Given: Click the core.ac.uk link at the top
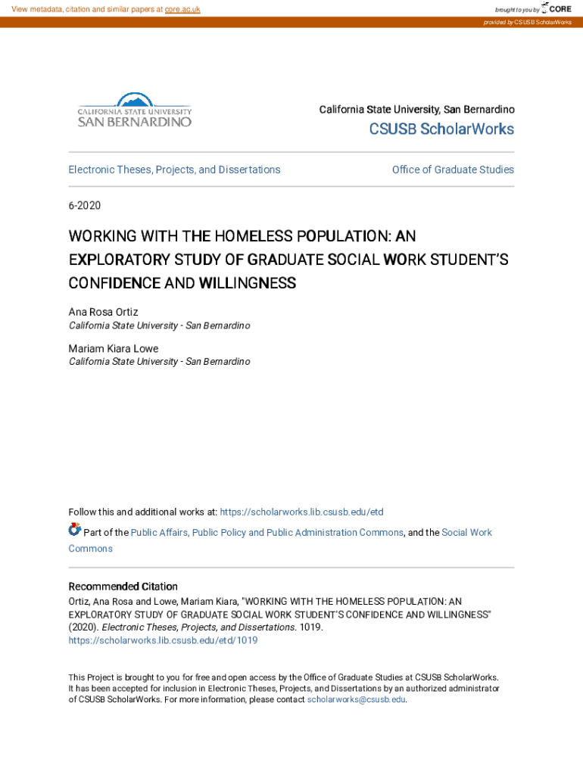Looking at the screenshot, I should click(x=182, y=9).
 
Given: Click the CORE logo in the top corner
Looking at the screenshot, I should click(x=557, y=8).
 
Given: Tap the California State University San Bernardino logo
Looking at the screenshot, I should click(x=135, y=110).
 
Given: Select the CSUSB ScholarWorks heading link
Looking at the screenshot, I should click(x=441, y=129).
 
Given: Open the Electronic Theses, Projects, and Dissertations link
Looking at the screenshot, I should click(x=174, y=170).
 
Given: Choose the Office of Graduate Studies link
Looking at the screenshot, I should click(x=453, y=170).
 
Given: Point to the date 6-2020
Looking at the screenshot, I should click(x=85, y=205).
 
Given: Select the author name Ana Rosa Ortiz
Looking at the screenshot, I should click(x=104, y=312).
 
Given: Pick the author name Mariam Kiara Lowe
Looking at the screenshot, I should click(x=114, y=348).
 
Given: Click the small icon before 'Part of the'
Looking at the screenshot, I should click(x=74, y=529).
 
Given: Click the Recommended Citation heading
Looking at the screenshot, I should click(x=123, y=587).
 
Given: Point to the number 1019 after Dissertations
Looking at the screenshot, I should click(x=310, y=627).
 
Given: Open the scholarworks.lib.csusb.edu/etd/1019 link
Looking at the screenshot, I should click(x=163, y=640).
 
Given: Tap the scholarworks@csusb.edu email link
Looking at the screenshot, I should click(x=356, y=700).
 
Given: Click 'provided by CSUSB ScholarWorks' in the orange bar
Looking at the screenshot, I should click(x=528, y=23).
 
